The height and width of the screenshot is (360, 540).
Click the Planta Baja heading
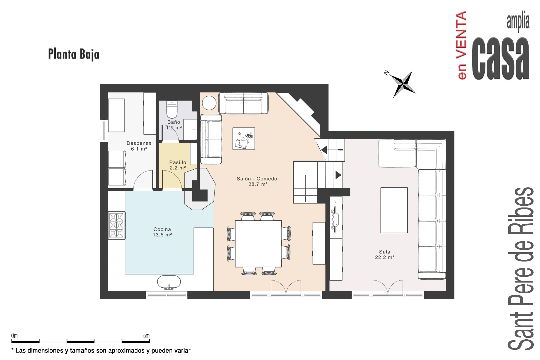click(x=73, y=55)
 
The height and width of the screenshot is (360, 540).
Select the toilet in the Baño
click(x=172, y=109)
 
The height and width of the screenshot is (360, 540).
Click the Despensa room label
click(x=139, y=143)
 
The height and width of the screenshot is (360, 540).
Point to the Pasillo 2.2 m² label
click(x=178, y=165)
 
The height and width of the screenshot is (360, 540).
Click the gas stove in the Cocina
click(x=116, y=225)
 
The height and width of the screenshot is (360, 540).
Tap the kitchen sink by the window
click(x=169, y=283)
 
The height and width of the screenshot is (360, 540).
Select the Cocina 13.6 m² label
click(x=162, y=232)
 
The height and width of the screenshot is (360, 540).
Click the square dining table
click(x=258, y=244)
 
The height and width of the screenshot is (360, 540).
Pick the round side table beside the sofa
click(x=209, y=103)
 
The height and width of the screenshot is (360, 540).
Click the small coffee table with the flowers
click(x=244, y=138)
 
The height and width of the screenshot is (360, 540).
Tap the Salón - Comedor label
click(x=258, y=179)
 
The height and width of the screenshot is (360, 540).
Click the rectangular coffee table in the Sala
click(x=394, y=210)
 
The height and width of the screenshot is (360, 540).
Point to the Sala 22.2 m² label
click(x=385, y=255)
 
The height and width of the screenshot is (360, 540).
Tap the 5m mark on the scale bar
click(x=146, y=336)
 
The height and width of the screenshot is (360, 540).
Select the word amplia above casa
click(x=518, y=22)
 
